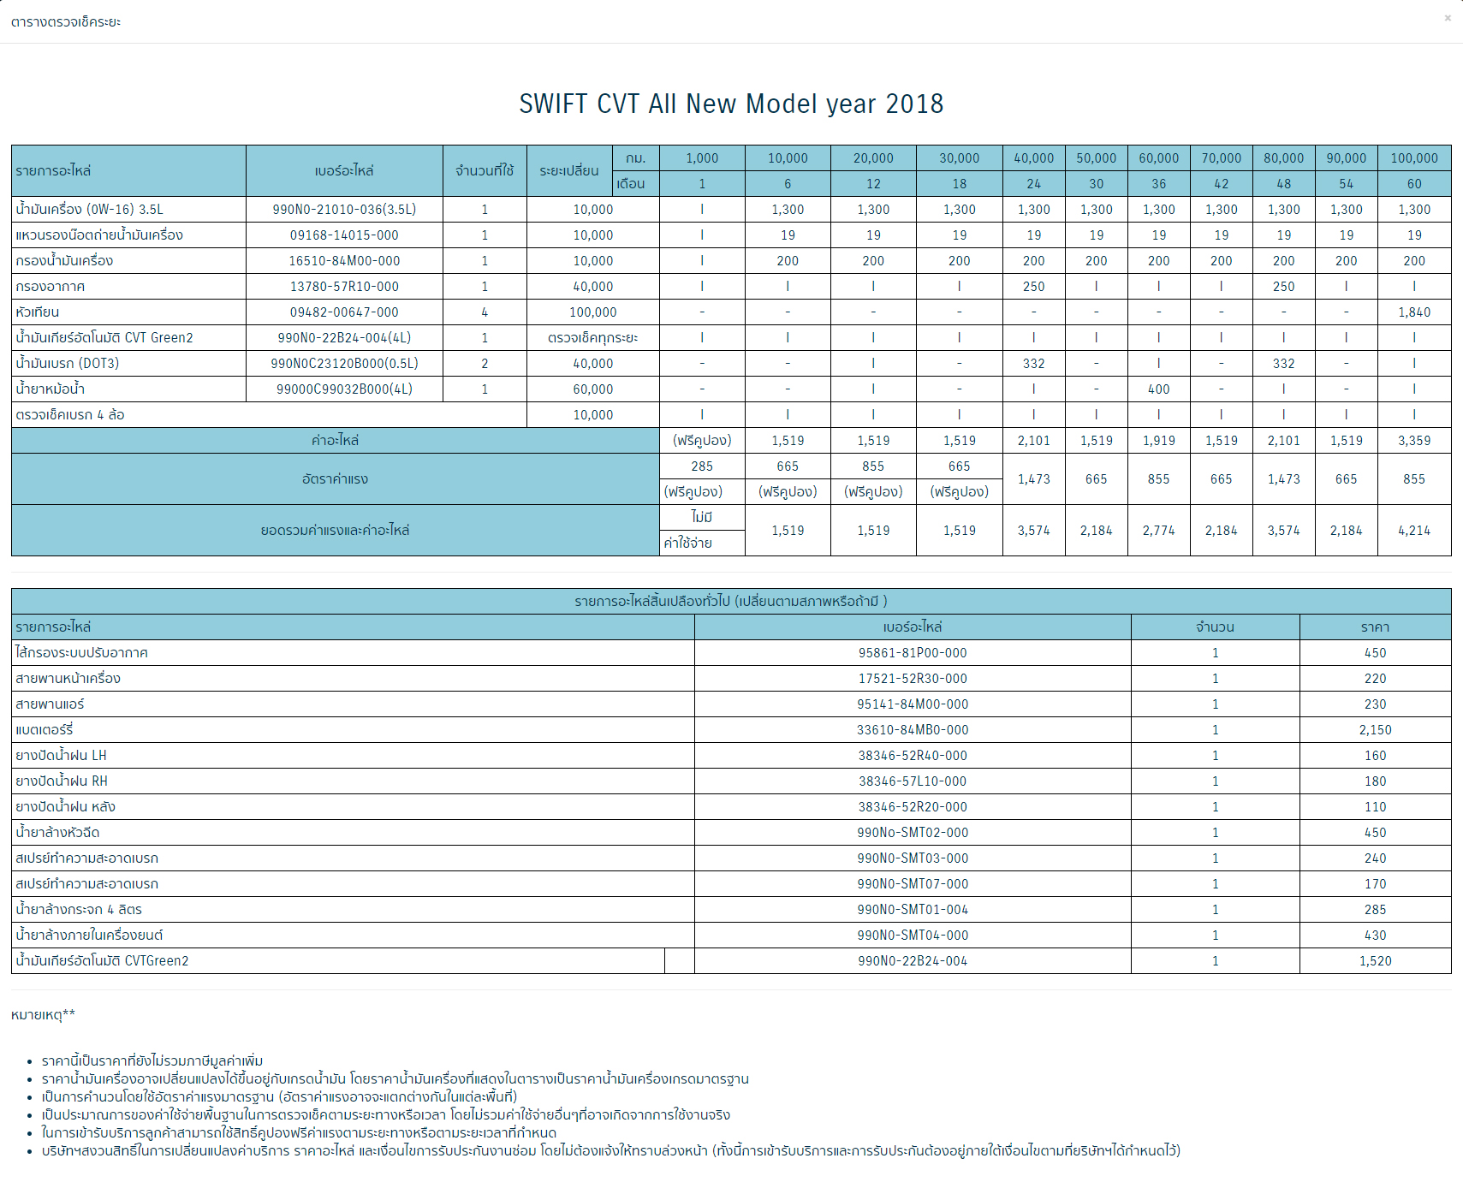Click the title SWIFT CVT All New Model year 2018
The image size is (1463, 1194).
coord(731,104)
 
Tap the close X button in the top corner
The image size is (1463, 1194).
coord(1448,18)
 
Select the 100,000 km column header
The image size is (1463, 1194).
coord(1413,158)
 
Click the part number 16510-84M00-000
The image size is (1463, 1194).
coord(344,261)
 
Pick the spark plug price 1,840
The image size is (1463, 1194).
coord(1413,312)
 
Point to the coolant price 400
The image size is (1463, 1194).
coord(1158,389)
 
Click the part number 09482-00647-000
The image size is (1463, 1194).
coord(344,312)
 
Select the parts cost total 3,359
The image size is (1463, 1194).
coord(1413,441)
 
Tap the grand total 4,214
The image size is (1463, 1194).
coord(1413,531)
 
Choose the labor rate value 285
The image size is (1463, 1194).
coord(702,466)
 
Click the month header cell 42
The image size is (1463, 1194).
coord(1221,184)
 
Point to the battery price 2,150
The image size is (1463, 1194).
coord(1375,730)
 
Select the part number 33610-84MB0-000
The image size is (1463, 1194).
coord(913,730)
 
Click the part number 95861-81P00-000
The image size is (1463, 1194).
coord(913,653)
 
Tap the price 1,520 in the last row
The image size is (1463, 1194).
coord(1375,961)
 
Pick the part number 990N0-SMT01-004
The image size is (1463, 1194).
coord(913,910)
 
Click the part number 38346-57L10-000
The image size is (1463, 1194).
coord(913,781)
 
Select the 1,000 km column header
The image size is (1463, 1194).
coord(702,158)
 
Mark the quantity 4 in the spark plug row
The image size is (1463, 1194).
coord(485,312)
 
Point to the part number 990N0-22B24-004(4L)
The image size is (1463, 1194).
coord(344,338)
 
